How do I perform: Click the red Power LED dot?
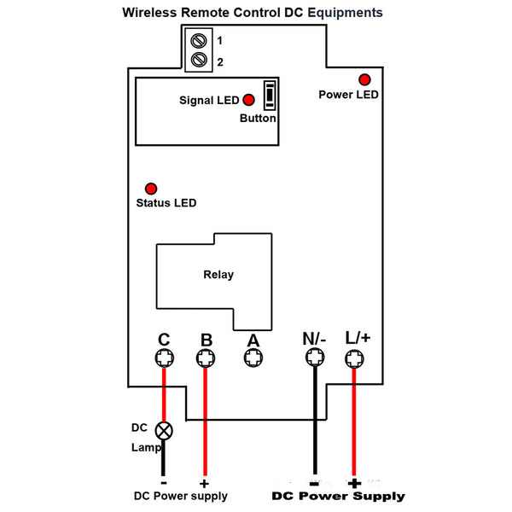tap(364, 78)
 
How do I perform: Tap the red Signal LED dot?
tap(249, 100)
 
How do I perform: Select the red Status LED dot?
tap(151, 188)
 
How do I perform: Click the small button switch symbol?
tap(270, 96)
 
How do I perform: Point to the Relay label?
tap(218, 275)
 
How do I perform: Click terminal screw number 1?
tap(201, 40)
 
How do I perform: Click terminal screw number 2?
tap(201, 60)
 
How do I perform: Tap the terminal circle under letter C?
tap(163, 359)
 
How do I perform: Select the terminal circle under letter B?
tap(206, 359)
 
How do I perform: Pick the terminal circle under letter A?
tap(253, 359)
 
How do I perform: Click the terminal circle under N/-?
tap(313, 359)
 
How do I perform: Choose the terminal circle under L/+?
tap(354, 359)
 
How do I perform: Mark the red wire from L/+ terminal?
tap(354, 427)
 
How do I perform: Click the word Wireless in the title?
tap(148, 13)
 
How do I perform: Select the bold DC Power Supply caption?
tap(338, 496)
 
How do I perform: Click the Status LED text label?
tap(166, 203)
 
